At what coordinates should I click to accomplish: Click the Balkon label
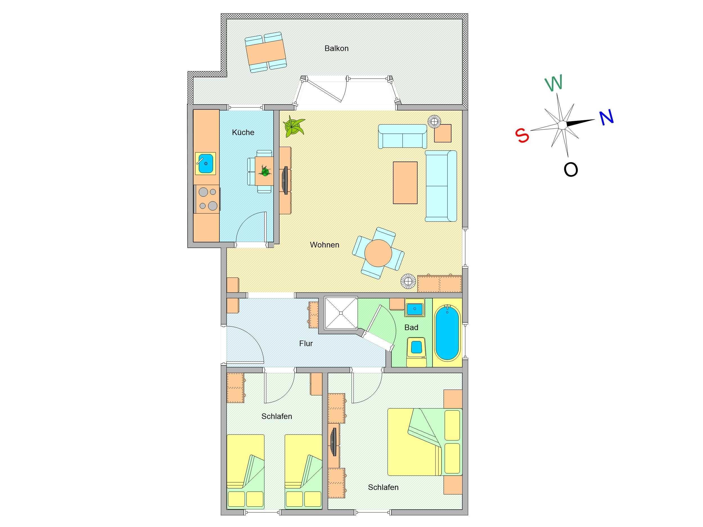(x=336, y=48)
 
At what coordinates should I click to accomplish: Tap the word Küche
(x=243, y=132)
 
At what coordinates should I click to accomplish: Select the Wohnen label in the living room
(x=325, y=245)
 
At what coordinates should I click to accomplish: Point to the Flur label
(x=306, y=343)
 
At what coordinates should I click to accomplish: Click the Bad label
(x=411, y=327)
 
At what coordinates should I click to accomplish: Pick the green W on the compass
(x=554, y=83)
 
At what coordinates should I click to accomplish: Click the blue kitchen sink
(x=205, y=164)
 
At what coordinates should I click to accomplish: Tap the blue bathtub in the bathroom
(x=447, y=332)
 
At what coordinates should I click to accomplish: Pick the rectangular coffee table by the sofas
(x=405, y=183)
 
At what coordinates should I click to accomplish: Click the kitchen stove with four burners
(x=207, y=199)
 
